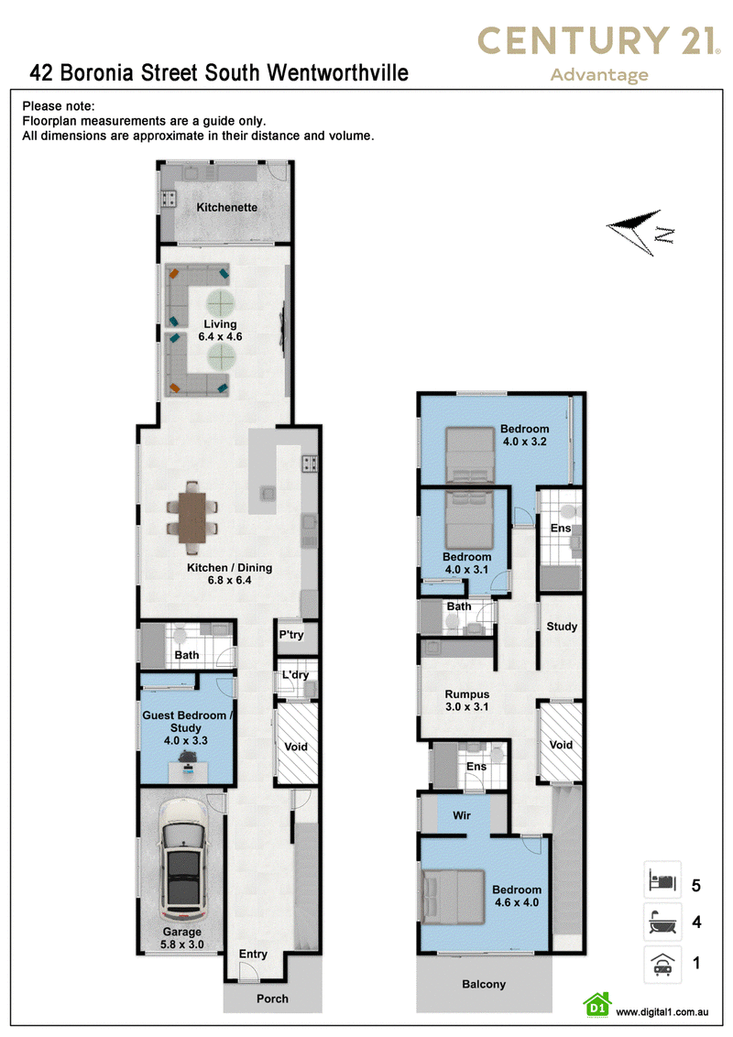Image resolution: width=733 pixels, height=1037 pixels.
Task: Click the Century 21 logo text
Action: coord(598,40)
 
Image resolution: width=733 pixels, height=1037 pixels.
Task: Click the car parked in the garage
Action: coord(182,859)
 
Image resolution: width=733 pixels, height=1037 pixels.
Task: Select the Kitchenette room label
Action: coord(227,207)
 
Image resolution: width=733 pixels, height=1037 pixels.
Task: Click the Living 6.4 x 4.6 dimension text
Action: coord(220,336)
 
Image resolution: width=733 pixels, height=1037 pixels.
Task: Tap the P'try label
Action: coord(291,635)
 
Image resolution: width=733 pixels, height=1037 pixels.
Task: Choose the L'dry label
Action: coord(295,674)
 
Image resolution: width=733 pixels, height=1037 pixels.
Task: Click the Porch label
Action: coord(272,999)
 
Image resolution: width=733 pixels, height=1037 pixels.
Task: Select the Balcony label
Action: coord(484,984)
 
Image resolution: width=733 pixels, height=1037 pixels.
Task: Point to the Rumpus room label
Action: coord(467,694)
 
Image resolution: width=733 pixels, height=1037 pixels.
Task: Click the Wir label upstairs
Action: coord(462,815)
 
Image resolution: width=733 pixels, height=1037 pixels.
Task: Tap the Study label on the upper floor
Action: coord(562,627)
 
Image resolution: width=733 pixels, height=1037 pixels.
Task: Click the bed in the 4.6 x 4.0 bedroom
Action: coord(454,897)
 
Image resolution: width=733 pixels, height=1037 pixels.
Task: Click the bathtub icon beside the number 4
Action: coord(662,922)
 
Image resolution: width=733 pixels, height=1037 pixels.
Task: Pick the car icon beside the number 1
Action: coord(662,964)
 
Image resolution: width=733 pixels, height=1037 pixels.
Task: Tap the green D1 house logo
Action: coord(597,1005)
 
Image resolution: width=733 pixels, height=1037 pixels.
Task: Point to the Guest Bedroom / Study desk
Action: coord(188,771)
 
